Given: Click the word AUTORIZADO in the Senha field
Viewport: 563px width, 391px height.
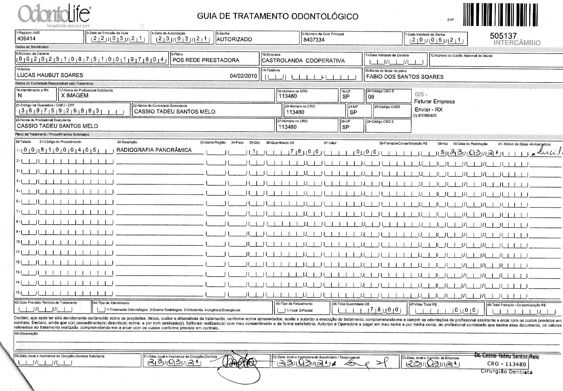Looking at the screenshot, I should point(234,39).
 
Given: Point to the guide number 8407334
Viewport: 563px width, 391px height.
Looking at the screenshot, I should point(313,40).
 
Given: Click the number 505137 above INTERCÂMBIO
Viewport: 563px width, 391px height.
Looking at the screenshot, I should point(503,36).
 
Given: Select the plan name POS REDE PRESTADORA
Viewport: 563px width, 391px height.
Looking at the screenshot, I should point(206,60).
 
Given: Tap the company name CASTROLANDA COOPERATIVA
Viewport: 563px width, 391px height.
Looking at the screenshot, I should point(303,60).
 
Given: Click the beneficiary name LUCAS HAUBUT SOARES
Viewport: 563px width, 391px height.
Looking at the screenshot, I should point(50,75).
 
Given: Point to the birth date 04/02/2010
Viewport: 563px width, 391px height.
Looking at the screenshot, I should point(243,76).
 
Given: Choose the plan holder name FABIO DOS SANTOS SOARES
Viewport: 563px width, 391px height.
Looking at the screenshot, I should point(405,77).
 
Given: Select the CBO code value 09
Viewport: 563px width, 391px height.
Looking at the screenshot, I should point(371,97).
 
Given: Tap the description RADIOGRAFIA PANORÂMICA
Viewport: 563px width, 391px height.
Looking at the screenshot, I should point(154,150).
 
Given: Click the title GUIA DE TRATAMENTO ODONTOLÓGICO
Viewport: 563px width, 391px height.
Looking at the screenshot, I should point(278,16).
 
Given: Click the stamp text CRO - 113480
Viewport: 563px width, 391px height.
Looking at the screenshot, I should point(506,364).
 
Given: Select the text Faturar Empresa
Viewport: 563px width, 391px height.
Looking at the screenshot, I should point(434,102).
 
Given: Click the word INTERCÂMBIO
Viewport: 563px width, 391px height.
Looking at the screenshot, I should point(517,43).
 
